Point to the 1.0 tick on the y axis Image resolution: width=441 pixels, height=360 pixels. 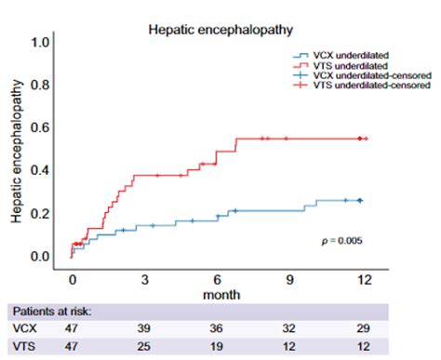[x=40, y=43]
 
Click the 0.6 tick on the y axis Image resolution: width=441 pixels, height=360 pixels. [x=40, y=128]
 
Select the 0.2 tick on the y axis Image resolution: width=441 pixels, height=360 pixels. [x=40, y=213]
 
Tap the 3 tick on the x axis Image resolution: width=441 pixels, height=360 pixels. [x=145, y=278]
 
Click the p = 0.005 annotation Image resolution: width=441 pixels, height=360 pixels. [x=341, y=241]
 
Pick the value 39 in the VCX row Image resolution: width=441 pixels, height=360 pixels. [x=145, y=328]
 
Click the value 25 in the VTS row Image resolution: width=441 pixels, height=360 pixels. [x=145, y=347]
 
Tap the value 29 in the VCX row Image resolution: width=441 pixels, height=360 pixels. [x=364, y=328]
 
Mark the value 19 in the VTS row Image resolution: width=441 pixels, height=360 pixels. [x=218, y=347]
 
